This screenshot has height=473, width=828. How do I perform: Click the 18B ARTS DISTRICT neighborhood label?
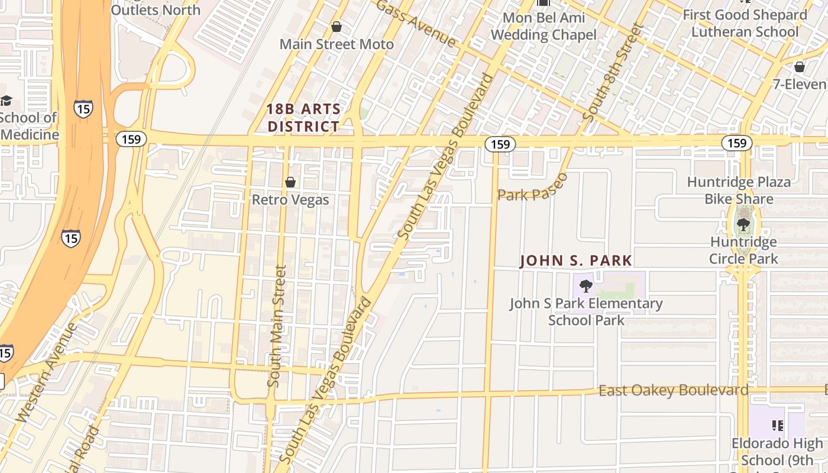coord(303,118)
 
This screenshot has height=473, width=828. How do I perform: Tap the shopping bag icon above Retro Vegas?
coord(290,182)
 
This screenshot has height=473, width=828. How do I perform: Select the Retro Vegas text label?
coord(290,200)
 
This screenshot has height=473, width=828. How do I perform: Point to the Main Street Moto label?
coord(336,44)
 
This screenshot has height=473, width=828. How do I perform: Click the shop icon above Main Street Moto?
coord(336,27)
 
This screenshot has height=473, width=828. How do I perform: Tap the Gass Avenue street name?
coord(416,22)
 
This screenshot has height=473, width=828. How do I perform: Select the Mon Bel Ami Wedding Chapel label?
coord(544,26)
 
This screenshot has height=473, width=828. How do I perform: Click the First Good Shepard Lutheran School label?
coord(745,23)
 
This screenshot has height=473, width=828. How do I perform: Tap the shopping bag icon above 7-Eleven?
coord(800,67)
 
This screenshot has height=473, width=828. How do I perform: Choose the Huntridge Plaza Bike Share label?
coord(739,190)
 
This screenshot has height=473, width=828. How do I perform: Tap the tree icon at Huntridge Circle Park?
coord(743,225)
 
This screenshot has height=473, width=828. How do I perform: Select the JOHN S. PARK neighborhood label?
coord(576,261)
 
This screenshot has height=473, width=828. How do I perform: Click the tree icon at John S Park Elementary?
coord(586,287)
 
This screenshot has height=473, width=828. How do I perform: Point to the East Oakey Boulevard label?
coord(673,390)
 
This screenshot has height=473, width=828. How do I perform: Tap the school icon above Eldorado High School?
coord(778,425)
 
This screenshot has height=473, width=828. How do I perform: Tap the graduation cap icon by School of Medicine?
coord(6,101)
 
